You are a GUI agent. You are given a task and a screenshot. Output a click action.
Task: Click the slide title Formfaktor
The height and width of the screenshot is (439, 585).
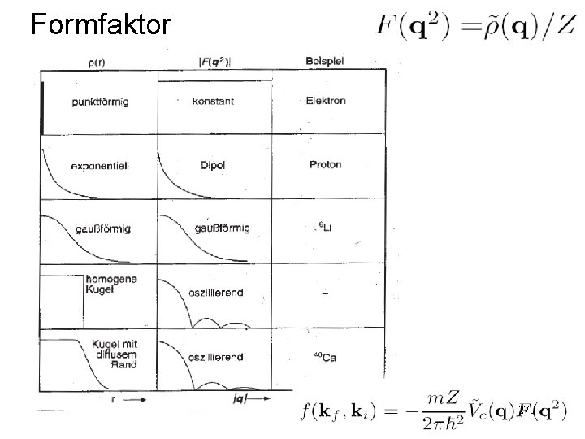click(x=101, y=24)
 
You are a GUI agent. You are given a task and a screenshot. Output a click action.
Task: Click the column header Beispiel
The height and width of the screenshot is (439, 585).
click(x=325, y=60)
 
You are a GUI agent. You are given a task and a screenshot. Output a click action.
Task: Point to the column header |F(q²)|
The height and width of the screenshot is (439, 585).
click(x=215, y=60)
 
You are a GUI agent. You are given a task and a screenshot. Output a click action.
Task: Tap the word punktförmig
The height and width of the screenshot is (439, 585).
click(x=100, y=102)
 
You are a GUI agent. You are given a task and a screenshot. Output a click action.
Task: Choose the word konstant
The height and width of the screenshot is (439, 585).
click(x=214, y=102)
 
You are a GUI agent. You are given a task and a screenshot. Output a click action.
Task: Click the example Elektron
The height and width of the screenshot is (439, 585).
click(x=326, y=101)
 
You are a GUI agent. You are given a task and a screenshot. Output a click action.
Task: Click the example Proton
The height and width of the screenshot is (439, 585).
click(x=326, y=164)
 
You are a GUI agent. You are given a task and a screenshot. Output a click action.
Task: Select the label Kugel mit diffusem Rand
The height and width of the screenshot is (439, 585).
click(x=114, y=354)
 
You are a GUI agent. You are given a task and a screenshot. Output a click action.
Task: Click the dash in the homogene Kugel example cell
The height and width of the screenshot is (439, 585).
click(x=326, y=293)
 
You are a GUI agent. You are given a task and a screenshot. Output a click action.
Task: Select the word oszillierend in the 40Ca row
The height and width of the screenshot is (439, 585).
click(x=215, y=357)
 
